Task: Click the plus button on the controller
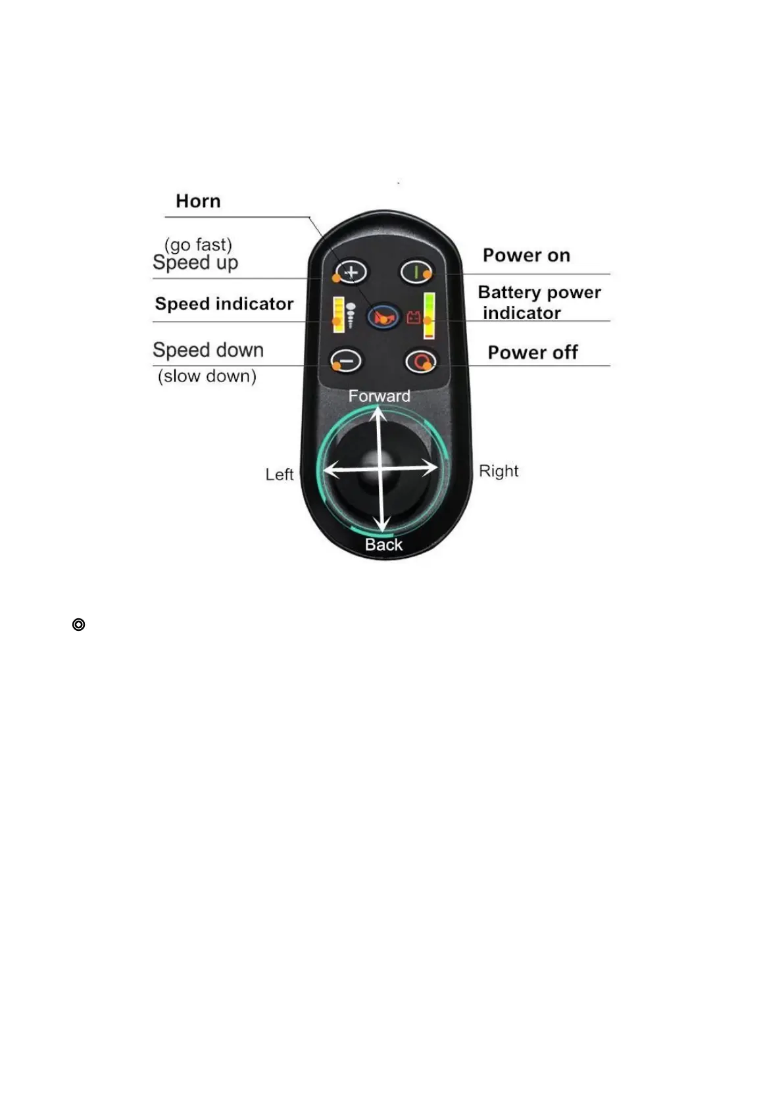point(351,272)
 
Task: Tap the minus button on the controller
point(346,360)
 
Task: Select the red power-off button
point(421,361)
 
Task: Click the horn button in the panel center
point(383,317)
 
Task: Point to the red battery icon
point(413,318)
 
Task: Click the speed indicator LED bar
point(339,314)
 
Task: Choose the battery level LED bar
point(429,315)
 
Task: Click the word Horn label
point(198,201)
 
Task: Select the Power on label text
point(526,255)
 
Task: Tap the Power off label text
point(532,353)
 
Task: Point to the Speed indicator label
point(224,304)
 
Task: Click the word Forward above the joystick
point(379,396)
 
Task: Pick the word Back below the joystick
point(383,545)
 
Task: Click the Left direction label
point(279,474)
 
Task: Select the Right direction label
point(499,471)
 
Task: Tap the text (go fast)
point(198,245)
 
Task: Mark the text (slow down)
point(207,376)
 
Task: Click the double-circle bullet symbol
point(78,624)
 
